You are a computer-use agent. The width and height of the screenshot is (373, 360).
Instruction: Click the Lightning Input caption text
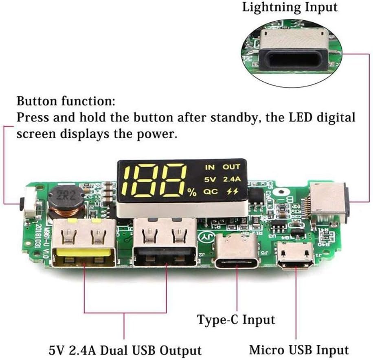pyautogui.click(x=290, y=7)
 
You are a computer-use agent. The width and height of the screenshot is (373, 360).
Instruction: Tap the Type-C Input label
pyautogui.click(x=236, y=320)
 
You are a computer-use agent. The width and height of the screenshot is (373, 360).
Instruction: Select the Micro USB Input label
pyautogui.click(x=299, y=349)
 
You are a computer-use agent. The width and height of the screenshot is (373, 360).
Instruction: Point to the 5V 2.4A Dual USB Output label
pyautogui.click(x=124, y=350)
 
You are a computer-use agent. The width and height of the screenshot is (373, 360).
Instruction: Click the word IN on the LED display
pyautogui.click(x=209, y=167)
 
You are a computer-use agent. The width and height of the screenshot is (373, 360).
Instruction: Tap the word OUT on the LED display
pyautogui.click(x=231, y=167)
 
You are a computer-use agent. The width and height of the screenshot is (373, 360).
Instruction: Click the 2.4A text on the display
pyautogui.click(x=232, y=179)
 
